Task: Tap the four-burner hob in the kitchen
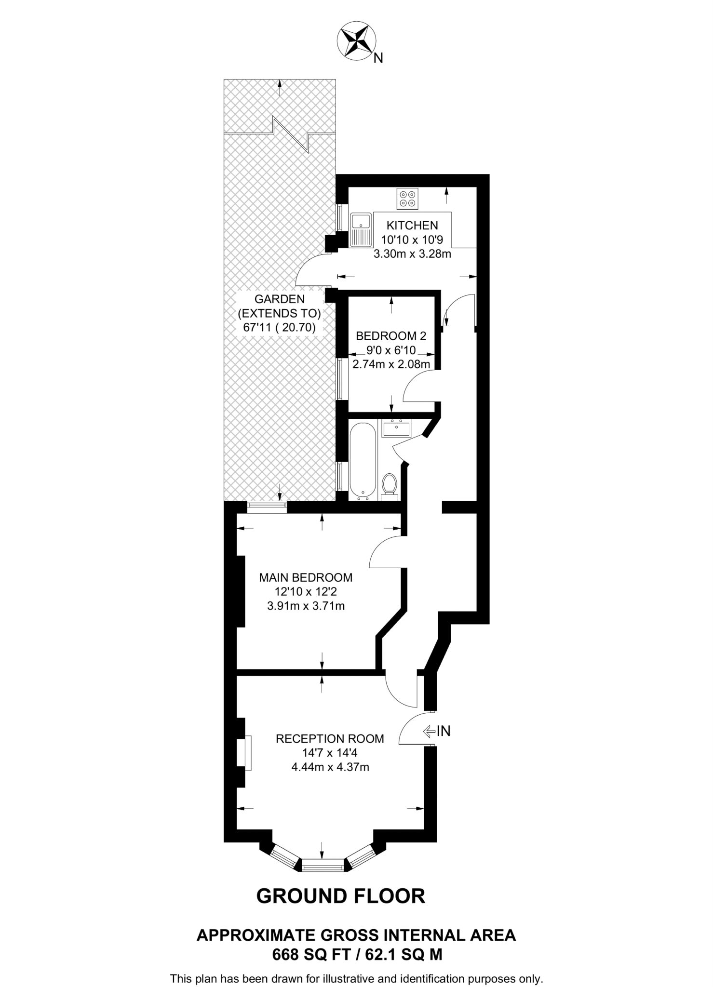407,199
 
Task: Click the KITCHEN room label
412,225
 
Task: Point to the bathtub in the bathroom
362,459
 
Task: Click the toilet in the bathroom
389,484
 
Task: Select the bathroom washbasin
396,428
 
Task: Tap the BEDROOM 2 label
391,335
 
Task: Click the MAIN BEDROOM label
306,577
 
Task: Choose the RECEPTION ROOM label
330,739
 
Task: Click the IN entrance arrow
436,731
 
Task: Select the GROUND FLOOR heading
341,896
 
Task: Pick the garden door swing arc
311,269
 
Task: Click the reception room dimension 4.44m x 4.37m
330,767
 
